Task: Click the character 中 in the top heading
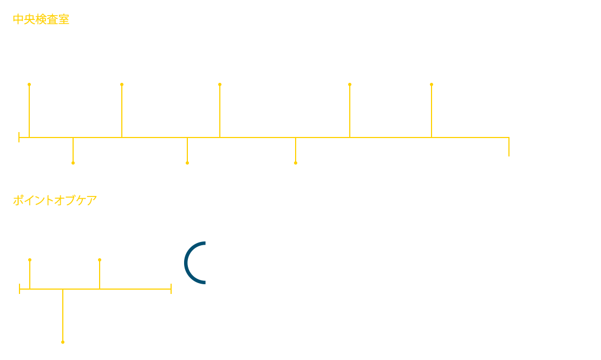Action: (18, 20)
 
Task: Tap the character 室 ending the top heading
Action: (63, 20)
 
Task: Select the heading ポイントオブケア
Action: (55, 201)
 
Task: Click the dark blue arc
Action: (187, 263)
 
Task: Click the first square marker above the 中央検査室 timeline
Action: (29, 84)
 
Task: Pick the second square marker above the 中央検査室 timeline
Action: (122, 84)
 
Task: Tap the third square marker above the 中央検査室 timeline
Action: (220, 84)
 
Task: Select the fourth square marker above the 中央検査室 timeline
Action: (350, 84)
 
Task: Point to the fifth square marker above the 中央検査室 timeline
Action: (432, 84)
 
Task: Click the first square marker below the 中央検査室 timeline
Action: (73, 162)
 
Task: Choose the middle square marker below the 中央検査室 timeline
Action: (187, 162)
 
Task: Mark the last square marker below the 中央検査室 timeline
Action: (296, 162)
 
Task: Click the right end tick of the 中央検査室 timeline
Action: (509, 147)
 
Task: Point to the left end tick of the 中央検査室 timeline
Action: (19, 137)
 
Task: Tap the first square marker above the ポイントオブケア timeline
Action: (30, 260)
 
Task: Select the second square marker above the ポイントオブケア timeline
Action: (100, 260)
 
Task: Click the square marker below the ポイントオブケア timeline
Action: (63, 342)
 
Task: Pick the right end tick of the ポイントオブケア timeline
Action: (171, 289)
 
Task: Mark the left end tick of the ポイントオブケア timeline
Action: (19, 289)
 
